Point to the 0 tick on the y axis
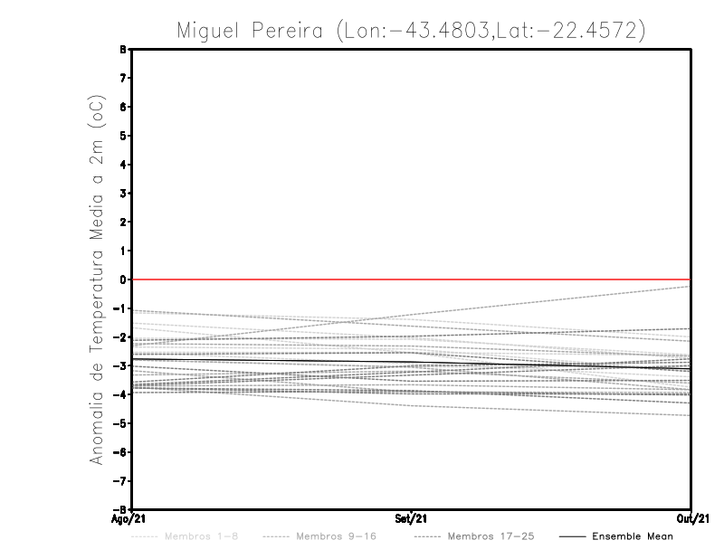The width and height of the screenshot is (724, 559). click(x=124, y=279)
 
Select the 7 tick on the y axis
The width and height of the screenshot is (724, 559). click(x=124, y=79)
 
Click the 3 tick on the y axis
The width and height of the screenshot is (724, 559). click(x=124, y=194)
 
